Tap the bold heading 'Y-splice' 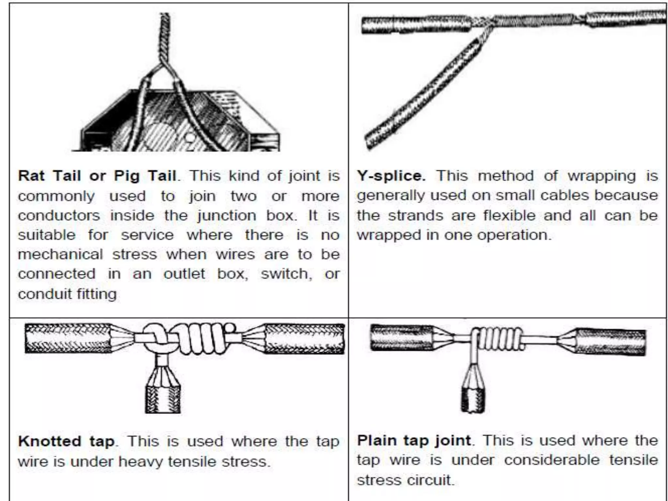click(391, 176)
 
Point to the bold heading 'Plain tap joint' click(414, 441)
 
